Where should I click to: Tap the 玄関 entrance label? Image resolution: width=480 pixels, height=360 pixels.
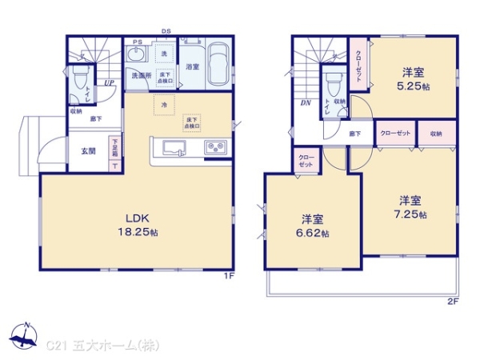88,150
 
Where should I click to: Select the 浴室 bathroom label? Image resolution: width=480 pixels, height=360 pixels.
192,66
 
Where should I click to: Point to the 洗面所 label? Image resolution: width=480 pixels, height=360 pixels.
141,76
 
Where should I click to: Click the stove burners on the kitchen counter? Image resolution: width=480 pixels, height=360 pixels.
215,147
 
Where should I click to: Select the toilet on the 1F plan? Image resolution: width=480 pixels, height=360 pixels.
78,79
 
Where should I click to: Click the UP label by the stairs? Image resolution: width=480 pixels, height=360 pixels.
106,82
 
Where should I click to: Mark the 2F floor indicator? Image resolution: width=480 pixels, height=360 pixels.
452,302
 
